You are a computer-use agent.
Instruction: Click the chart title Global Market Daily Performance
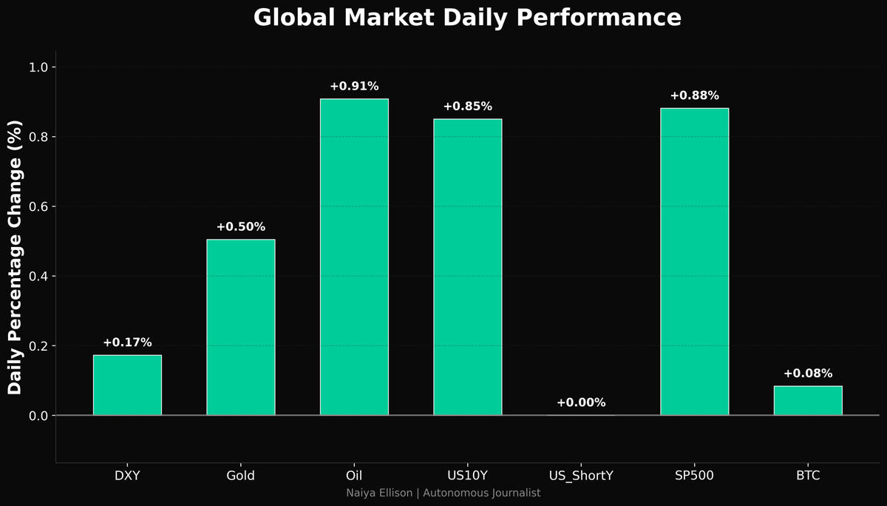point(467,18)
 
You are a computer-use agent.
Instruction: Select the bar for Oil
point(354,257)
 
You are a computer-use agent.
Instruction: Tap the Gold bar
point(241,327)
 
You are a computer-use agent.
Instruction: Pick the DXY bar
point(127,385)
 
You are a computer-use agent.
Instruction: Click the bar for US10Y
point(467,267)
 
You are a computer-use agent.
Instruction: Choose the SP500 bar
point(694,262)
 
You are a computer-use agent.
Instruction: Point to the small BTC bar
point(808,400)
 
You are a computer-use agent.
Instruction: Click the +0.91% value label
point(354,87)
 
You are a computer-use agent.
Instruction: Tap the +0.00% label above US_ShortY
point(581,403)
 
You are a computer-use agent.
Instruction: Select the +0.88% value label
point(694,95)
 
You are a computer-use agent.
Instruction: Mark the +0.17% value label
point(127,343)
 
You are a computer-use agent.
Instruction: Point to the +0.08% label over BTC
point(808,374)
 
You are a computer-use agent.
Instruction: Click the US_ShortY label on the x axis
point(581,476)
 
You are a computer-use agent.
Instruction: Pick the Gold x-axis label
point(241,476)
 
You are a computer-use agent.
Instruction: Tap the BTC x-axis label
point(808,476)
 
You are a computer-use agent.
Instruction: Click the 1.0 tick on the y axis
point(38,67)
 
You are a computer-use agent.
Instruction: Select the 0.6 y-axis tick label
point(38,206)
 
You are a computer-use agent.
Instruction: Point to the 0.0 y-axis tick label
point(38,416)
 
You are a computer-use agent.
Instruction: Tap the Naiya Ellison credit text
point(443,493)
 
